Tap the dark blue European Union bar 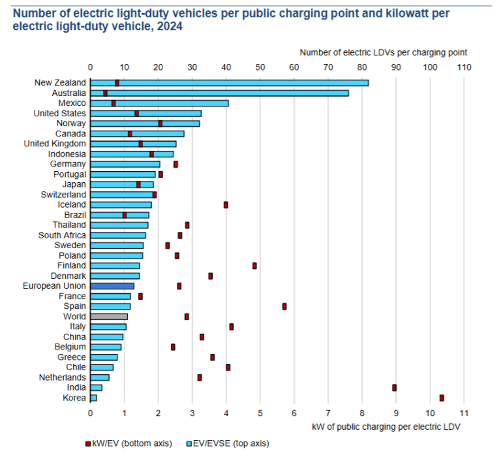pyautogui.click(x=112, y=286)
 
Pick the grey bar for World pyautogui.click(x=109, y=316)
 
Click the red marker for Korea pyautogui.click(x=442, y=398)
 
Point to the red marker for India pyautogui.click(x=395, y=387)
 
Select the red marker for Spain pyautogui.click(x=284, y=306)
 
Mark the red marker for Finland pyautogui.click(x=254, y=266)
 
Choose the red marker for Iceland pyautogui.click(x=226, y=204)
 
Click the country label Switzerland pyautogui.click(x=63, y=195)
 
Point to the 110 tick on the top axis pyautogui.click(x=463, y=67)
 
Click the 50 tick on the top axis pyautogui.click(x=260, y=67)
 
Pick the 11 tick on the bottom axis pyautogui.click(x=463, y=413)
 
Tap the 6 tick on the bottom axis pyautogui.click(x=294, y=413)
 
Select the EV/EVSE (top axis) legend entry pyautogui.click(x=232, y=443)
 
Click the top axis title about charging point pyautogui.click(x=383, y=52)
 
